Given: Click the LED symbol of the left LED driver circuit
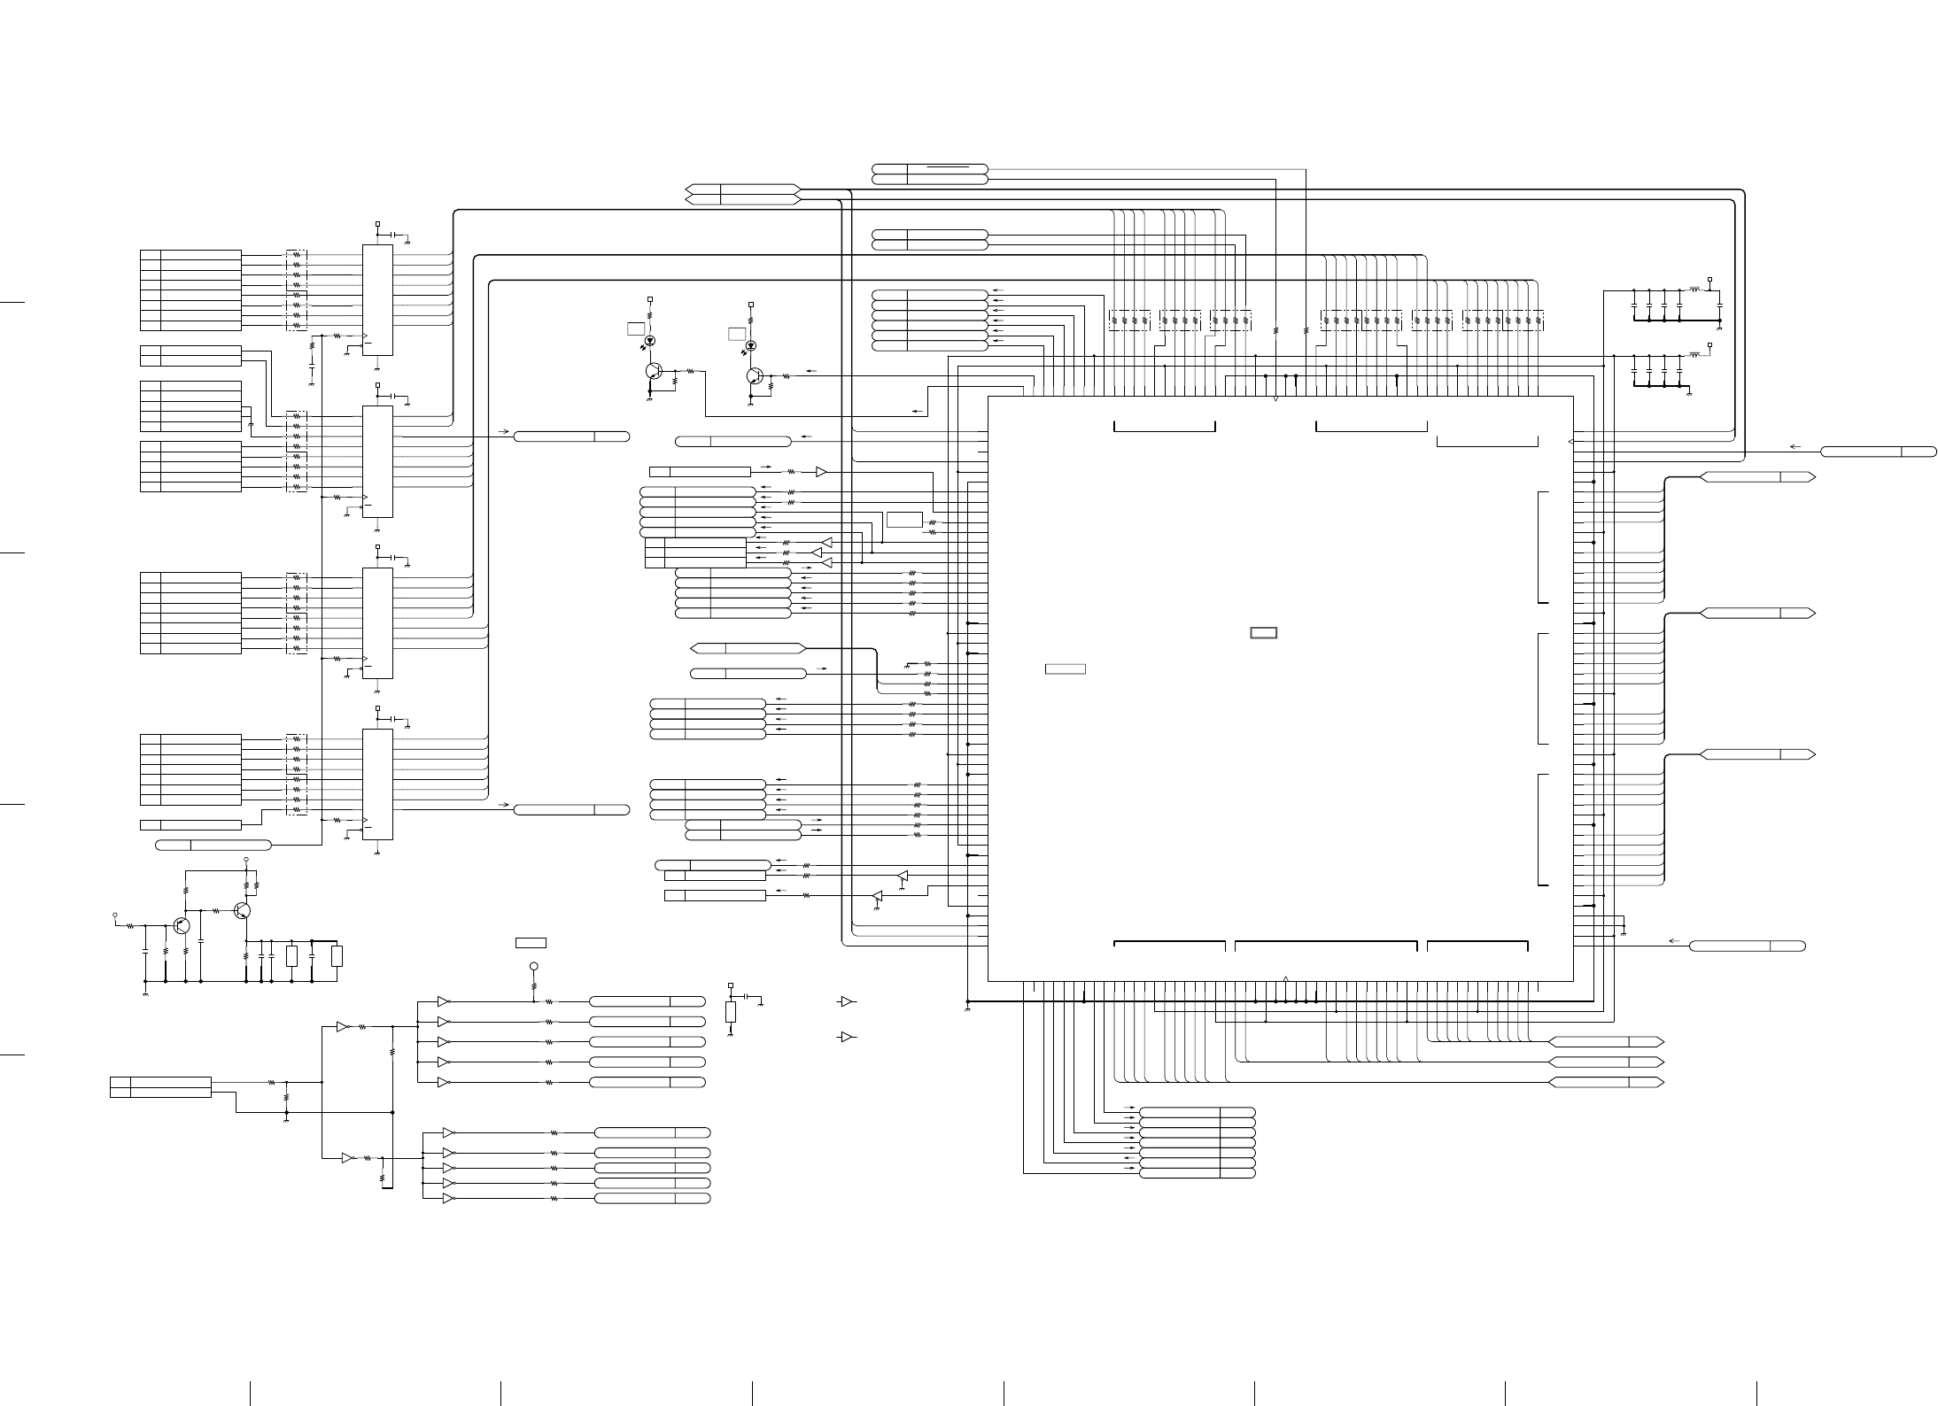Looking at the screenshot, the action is tap(651, 341).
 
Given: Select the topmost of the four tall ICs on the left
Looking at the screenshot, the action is tap(378, 299).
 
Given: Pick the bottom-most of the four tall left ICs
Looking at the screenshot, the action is tap(378, 784).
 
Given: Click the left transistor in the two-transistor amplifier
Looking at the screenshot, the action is tap(182, 925).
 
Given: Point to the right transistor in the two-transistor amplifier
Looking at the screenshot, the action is tap(244, 910).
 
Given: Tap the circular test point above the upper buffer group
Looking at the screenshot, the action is tap(533, 966).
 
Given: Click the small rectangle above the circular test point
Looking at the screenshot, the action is tap(531, 942).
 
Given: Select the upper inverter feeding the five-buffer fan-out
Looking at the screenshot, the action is tap(343, 1027).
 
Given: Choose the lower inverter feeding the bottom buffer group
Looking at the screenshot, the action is tap(348, 1157).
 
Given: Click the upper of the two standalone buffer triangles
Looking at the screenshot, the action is tap(847, 1001).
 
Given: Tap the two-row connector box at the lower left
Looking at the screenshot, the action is tap(160, 1086).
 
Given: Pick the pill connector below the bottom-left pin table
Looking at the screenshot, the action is tap(213, 845).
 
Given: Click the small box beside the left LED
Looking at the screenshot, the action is tap(635, 329).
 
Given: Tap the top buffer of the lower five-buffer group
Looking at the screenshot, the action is tap(448, 1132).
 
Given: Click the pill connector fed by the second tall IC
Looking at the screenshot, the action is tap(571, 436).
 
